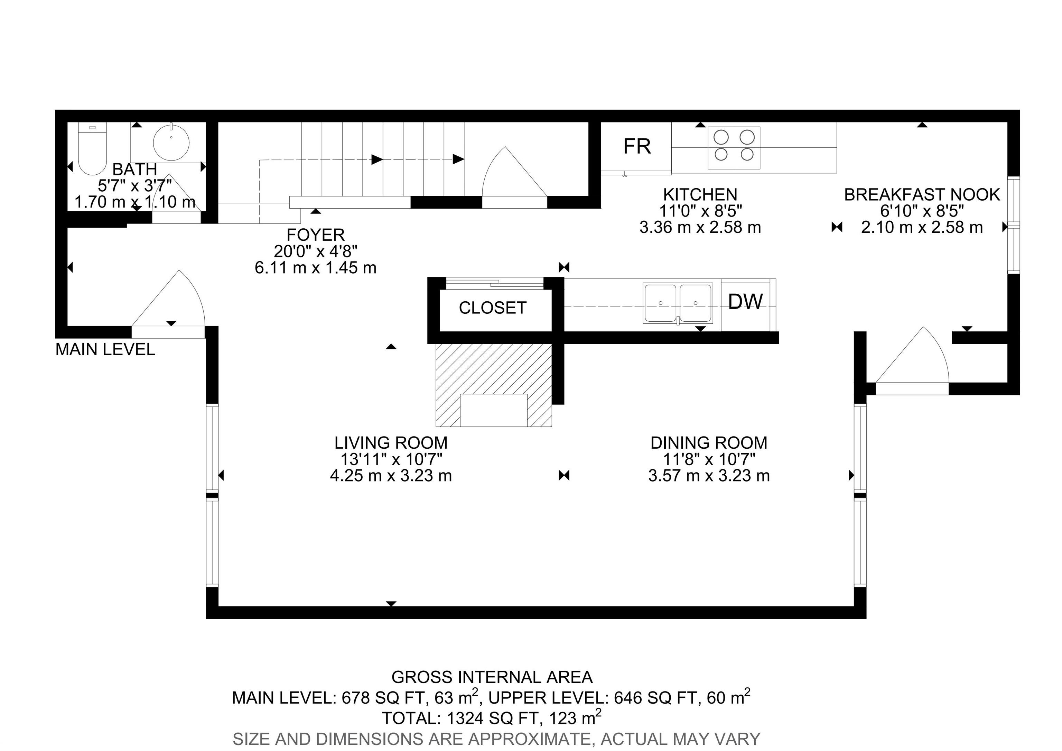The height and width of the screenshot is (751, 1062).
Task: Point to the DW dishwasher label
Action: pyautogui.click(x=745, y=302)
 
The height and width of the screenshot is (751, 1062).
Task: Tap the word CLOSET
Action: pyautogui.click(x=493, y=308)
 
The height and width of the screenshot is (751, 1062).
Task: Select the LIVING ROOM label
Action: pyautogui.click(x=391, y=443)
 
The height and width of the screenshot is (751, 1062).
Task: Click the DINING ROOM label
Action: pyautogui.click(x=709, y=443)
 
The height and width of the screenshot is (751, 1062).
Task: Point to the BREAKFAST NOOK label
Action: pyautogui.click(x=922, y=195)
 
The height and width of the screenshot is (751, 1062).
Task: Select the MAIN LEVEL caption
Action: pyautogui.click(x=105, y=349)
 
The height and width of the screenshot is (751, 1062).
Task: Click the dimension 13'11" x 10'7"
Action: pyautogui.click(x=391, y=459)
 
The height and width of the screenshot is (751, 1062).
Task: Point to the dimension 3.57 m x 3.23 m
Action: pyautogui.click(x=709, y=476)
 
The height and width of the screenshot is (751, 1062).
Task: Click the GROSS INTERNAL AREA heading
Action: pyautogui.click(x=492, y=677)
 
